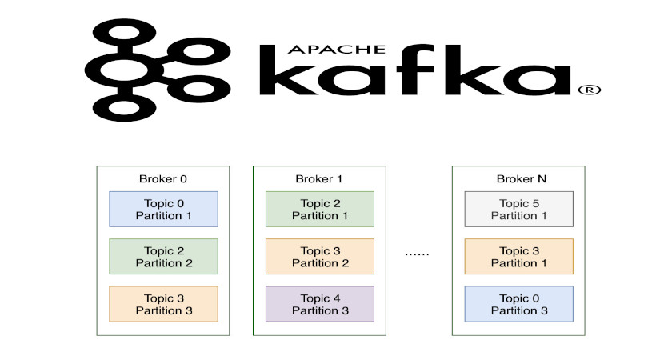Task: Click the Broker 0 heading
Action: tap(163, 178)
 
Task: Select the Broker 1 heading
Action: tap(319, 178)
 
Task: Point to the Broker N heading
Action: tap(518, 178)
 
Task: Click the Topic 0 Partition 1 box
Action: tap(163, 209)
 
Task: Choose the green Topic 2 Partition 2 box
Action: tap(163, 256)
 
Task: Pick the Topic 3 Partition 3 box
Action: tap(163, 304)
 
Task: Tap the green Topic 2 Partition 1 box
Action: tap(319, 209)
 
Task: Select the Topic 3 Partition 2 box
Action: tap(319, 256)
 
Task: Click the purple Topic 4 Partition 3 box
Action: tap(319, 304)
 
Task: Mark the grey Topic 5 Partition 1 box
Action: tap(518, 209)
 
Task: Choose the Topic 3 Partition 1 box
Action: tap(518, 256)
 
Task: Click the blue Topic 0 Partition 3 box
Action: tap(518, 304)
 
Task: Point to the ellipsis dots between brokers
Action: tap(417, 254)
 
